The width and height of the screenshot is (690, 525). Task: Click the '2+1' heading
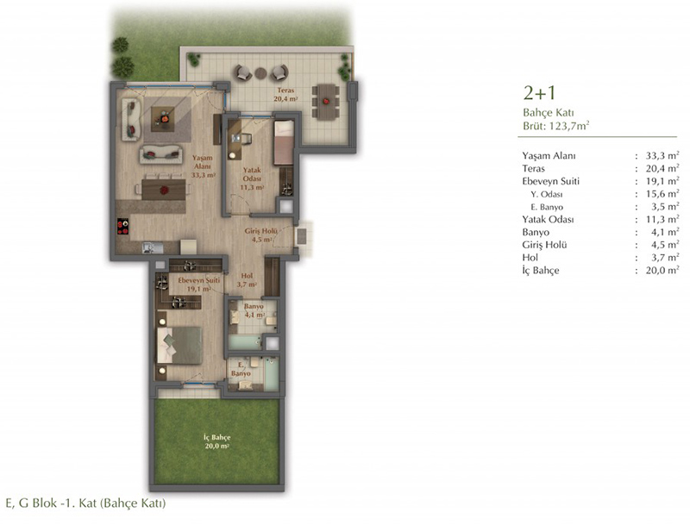click(x=540, y=93)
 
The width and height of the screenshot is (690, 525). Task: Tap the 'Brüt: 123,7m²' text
click(x=556, y=126)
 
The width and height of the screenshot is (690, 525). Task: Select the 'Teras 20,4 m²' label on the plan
click(x=285, y=95)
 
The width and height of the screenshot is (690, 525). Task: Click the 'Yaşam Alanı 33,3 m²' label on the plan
click(x=203, y=166)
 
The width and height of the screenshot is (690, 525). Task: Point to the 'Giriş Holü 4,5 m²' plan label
click(x=260, y=235)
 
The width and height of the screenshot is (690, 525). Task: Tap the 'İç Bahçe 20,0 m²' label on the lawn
click(x=217, y=442)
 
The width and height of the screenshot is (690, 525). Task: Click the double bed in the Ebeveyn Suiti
click(x=179, y=345)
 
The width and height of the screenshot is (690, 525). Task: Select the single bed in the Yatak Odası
click(x=284, y=142)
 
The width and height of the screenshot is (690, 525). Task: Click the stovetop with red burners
click(x=123, y=227)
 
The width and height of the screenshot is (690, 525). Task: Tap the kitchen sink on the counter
click(x=153, y=247)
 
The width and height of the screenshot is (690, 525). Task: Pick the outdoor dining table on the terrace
click(x=326, y=102)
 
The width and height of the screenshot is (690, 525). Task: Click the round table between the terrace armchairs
click(x=261, y=73)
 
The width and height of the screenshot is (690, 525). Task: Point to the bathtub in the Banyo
click(x=245, y=342)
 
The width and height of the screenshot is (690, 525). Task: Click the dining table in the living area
click(x=163, y=190)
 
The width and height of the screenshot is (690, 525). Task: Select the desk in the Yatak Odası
click(x=235, y=140)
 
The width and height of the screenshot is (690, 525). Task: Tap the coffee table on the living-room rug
click(x=162, y=119)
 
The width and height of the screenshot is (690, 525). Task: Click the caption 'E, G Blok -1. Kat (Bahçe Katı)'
click(x=85, y=503)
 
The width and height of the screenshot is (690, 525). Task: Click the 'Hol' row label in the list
click(x=530, y=258)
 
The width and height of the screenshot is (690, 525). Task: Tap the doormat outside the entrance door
click(x=302, y=237)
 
